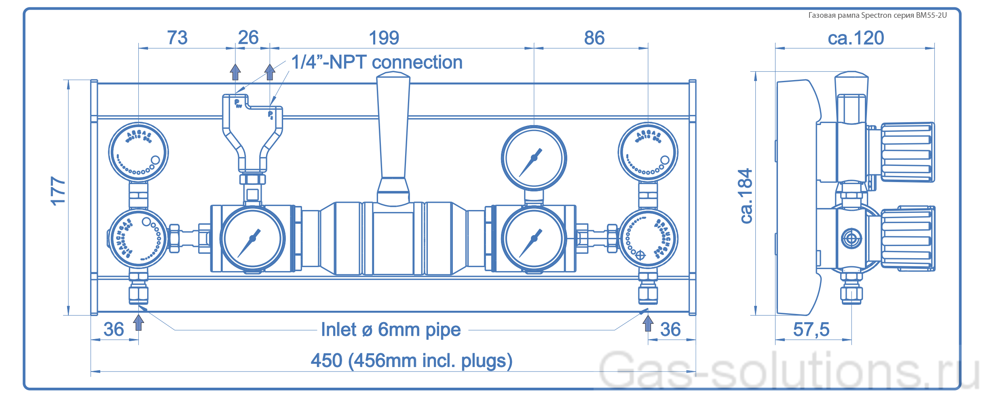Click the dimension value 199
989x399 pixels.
point(384,38)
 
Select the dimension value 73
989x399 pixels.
point(177,38)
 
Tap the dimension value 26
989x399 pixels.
point(248,38)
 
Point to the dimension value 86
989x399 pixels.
point(594,38)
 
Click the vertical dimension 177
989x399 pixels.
point(58,191)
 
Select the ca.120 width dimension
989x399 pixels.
point(856,38)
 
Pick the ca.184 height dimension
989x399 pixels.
point(745,196)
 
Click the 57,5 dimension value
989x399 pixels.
point(811,329)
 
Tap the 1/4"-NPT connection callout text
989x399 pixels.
point(376,62)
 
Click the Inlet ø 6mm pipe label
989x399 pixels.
point(391,330)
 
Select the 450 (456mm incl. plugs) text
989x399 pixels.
point(411,361)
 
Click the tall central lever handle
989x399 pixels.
point(393,129)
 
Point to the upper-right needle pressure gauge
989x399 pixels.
point(534,158)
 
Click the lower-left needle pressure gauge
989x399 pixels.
point(252,238)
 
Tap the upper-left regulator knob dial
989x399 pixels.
point(138,152)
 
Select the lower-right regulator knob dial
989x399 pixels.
point(648,238)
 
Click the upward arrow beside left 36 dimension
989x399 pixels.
point(138,323)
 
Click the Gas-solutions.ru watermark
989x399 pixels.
point(788,370)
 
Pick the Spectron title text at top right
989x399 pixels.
point(877,15)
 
